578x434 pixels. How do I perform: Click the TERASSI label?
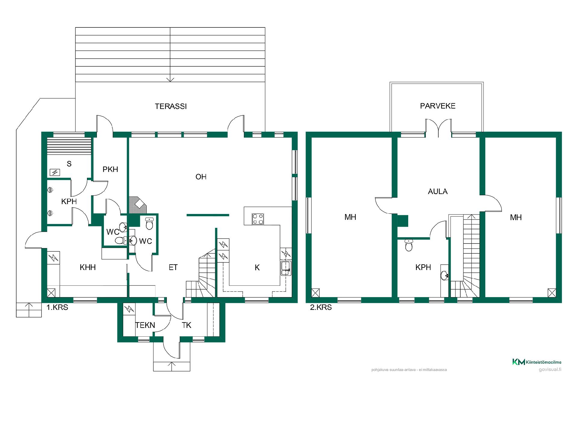point(171,106)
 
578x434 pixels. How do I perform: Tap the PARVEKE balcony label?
point(438,106)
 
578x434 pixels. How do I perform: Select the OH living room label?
point(201,177)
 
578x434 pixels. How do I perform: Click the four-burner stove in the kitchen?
point(258,219)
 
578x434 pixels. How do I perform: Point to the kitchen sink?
point(285,268)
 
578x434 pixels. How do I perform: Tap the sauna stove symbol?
point(55,172)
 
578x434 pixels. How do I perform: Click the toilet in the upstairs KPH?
point(409,245)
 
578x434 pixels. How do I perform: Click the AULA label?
point(438,191)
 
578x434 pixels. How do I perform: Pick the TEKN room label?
point(145,325)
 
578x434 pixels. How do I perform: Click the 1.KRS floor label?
point(57,307)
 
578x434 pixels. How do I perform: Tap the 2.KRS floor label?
point(321,307)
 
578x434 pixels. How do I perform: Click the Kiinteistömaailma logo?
point(537,362)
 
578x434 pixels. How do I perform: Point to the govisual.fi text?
point(550,370)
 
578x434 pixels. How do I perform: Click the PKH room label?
point(110,169)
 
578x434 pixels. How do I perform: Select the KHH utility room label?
point(88,267)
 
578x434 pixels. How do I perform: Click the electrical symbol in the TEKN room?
point(129,309)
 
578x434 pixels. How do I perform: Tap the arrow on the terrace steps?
point(170,78)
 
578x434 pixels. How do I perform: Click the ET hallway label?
point(173,267)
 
